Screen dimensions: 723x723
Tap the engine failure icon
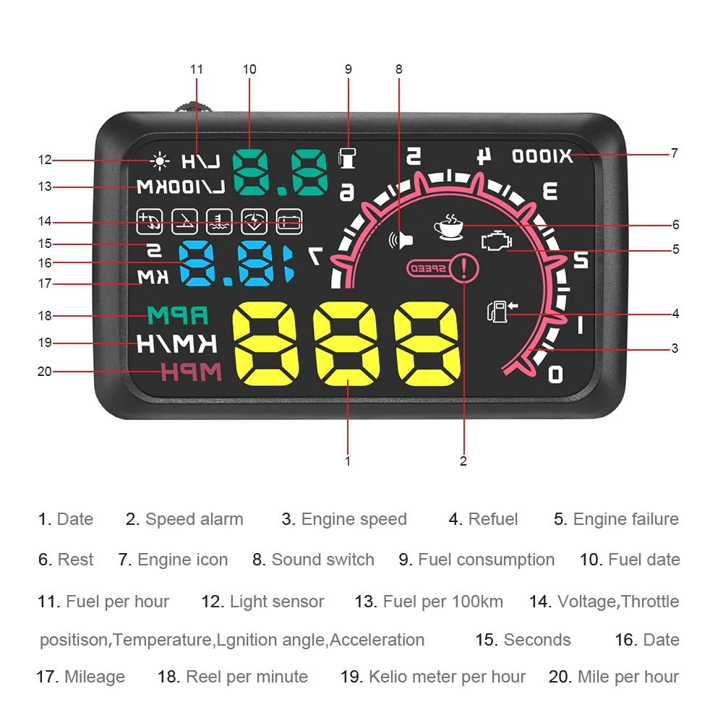coord(496,241)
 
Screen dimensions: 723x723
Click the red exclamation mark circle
coord(463,268)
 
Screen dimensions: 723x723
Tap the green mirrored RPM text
coord(177,315)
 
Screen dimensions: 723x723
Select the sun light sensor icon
coord(159,161)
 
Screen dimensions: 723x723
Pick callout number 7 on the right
coord(674,153)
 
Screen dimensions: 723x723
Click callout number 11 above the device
coord(197,69)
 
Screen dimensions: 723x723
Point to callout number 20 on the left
coord(45,372)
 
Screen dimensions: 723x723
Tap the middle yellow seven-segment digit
coord(347,345)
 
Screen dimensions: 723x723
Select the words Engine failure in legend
coord(625,519)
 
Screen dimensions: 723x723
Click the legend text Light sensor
coord(277,602)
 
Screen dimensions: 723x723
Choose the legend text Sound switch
coord(322,560)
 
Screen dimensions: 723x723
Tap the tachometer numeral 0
coord(555,374)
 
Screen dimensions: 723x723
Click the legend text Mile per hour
coord(628,677)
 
